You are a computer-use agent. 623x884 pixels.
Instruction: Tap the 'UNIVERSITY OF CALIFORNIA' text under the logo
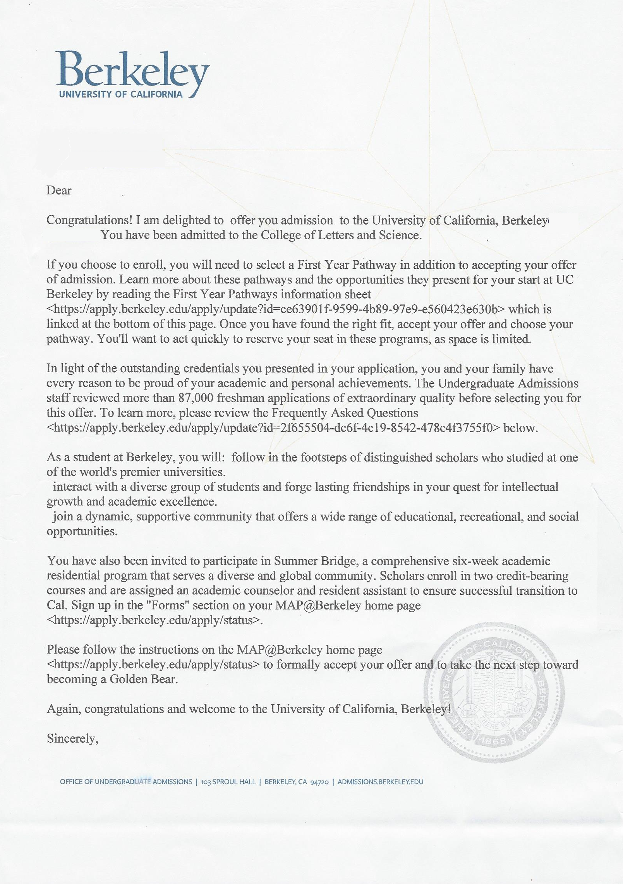(x=120, y=94)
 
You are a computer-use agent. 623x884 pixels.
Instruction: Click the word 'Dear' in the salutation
(x=59, y=191)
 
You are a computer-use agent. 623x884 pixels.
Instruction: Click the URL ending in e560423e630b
(x=276, y=309)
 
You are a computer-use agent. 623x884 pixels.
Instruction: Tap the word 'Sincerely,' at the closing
(x=73, y=738)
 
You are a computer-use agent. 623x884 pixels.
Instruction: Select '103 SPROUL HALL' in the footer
(x=228, y=782)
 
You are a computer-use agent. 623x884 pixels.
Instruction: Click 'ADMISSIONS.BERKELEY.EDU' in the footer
(x=380, y=782)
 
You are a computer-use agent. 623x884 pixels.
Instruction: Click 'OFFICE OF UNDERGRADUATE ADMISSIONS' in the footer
(x=126, y=782)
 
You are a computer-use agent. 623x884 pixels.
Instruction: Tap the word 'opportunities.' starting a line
(x=82, y=531)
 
